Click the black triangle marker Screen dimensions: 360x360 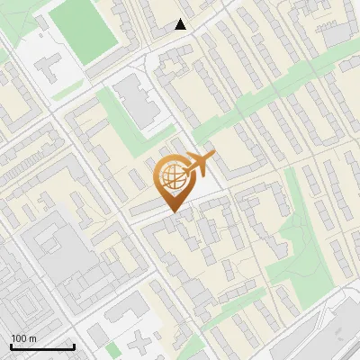[x=181, y=24]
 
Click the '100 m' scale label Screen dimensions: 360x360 [x=24, y=338]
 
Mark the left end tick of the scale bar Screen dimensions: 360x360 [x=11, y=346]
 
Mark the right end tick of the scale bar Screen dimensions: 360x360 [x=74, y=346]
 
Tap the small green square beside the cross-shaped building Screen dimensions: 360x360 [x=112, y=348]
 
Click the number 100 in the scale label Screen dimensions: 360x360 [x=19, y=338]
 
